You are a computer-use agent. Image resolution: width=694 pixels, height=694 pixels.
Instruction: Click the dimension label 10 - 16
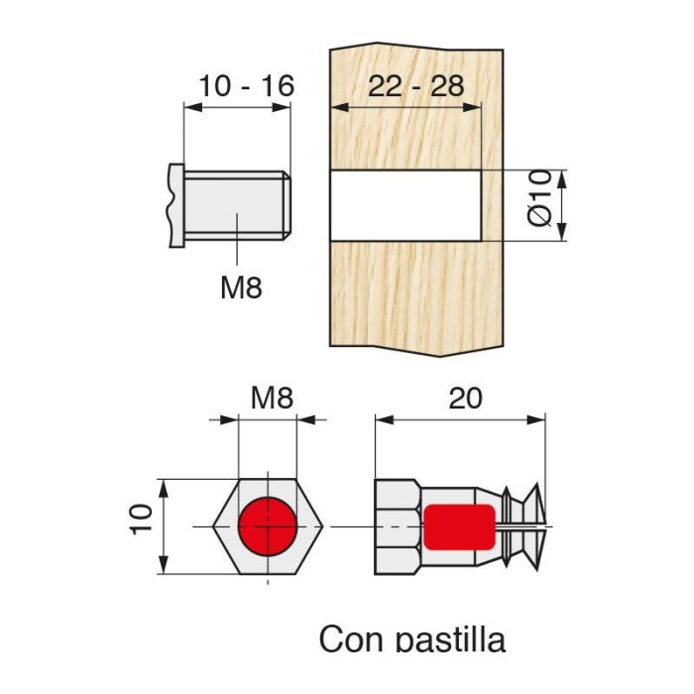coord(246,86)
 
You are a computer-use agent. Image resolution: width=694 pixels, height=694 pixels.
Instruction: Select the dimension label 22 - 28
coord(415,86)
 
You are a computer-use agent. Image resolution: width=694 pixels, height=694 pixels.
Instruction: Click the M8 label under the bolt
coord(241,289)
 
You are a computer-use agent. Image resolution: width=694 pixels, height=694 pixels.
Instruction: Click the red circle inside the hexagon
coord(267,525)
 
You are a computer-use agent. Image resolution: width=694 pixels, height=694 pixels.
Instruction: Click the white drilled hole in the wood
coord(405,205)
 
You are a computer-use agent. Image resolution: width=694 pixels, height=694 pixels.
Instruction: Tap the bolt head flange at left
coord(176,205)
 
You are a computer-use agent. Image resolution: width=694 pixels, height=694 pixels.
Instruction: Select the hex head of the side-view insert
coord(397,526)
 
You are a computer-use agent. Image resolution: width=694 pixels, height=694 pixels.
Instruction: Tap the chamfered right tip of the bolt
coord(287,205)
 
